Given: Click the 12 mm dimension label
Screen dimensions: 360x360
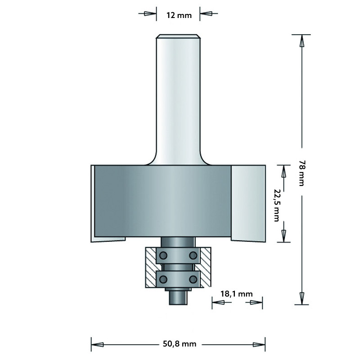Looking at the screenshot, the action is (x=179, y=15).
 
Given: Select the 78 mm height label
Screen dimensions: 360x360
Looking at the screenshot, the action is (x=301, y=173).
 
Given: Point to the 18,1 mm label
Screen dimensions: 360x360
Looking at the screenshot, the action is (x=237, y=294).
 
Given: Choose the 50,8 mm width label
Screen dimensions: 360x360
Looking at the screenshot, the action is (x=180, y=344).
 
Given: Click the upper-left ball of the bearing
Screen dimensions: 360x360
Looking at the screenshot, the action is (x=163, y=255).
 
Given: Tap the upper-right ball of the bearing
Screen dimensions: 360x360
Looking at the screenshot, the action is (x=193, y=255).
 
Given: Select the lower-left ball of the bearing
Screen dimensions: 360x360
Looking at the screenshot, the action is (x=163, y=279).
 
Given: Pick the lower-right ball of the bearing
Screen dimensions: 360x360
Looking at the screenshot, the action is (x=193, y=279).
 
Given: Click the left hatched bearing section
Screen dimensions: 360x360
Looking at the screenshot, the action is (x=151, y=267).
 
